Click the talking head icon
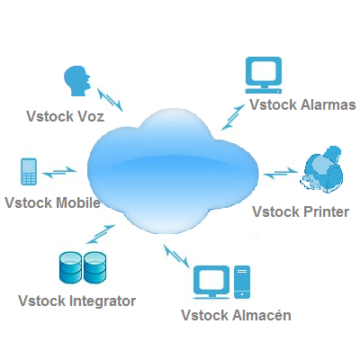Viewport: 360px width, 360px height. tap(76, 81)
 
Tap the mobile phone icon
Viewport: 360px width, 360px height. tap(29, 172)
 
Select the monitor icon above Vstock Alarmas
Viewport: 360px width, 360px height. tap(264, 75)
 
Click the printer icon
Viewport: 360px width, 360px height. tap(321, 169)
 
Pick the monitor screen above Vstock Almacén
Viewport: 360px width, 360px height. tap(211, 282)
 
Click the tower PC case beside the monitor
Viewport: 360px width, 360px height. tap(242, 282)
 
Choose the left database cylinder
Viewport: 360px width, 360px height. tap(70, 267)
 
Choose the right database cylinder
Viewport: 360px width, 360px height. tap(95, 267)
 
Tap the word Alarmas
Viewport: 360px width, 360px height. tap(328, 105)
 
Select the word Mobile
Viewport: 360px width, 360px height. tap(78, 202)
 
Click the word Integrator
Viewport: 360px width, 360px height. tap(103, 301)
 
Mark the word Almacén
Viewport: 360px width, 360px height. tap(262, 315)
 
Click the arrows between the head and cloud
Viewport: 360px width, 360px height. tap(110, 100)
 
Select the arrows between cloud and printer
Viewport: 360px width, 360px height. tap(281, 173)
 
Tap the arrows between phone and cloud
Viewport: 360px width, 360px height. tap(59, 172)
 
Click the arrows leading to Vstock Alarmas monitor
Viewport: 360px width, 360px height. tap(233, 117)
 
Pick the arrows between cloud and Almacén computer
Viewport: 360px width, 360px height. tap(176, 256)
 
